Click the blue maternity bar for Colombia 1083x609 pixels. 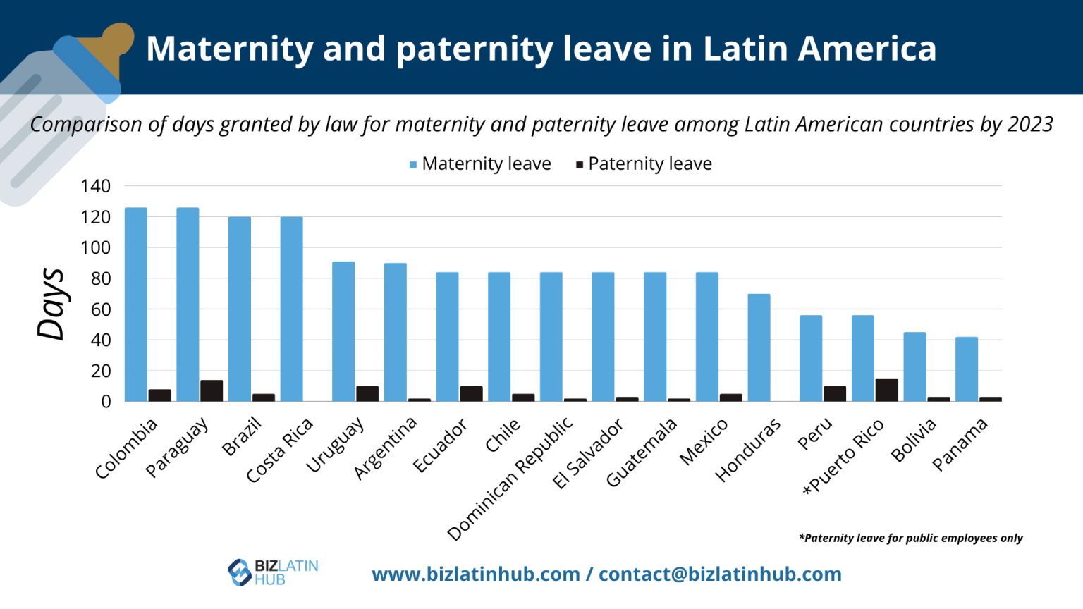point(136,304)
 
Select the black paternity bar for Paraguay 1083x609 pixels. point(212,390)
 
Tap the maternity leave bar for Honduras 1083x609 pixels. point(759,347)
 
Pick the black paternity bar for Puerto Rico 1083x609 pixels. point(886,390)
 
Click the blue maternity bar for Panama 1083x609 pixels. point(967,369)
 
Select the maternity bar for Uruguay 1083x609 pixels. point(343,331)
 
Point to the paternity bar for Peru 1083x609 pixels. point(835,393)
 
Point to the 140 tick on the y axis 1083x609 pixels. point(96,187)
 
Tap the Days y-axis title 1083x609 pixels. point(51,304)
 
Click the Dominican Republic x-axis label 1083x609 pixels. point(510,479)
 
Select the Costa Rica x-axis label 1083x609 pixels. point(279,451)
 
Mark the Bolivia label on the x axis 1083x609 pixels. point(913,440)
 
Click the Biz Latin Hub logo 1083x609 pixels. point(273,572)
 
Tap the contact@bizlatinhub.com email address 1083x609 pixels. point(720,574)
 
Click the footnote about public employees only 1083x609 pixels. point(910,539)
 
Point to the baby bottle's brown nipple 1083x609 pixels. point(116,42)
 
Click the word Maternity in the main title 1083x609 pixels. point(230,49)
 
